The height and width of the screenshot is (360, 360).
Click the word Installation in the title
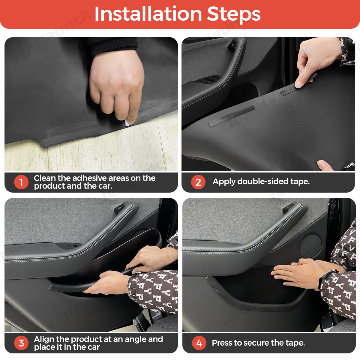(x=148, y=14)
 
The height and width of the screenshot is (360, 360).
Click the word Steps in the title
(x=234, y=15)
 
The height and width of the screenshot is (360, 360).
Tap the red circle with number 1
(x=21, y=182)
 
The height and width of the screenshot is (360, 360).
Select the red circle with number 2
(x=198, y=182)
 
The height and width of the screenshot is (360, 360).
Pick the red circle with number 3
(x=21, y=343)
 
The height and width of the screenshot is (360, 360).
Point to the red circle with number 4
(x=199, y=343)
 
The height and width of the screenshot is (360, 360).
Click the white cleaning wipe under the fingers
(x=127, y=123)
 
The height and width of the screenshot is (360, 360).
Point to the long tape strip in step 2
(x=232, y=116)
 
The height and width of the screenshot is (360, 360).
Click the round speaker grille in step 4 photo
(x=310, y=245)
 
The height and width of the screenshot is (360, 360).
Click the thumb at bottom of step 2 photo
(x=325, y=166)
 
